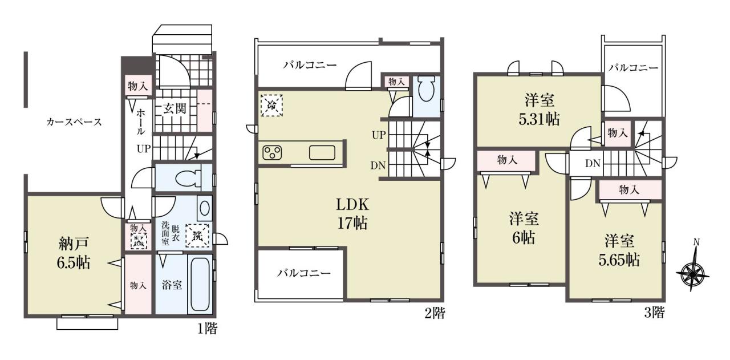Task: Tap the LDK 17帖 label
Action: pos(352,215)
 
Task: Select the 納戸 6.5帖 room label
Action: pos(74,253)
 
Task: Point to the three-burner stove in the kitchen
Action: pos(272,152)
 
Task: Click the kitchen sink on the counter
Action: pos(322,152)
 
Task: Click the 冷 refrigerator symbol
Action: pos(271,105)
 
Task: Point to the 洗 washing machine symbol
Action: pos(197,236)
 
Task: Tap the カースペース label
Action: pos(74,122)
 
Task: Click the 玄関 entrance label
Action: pos(175,108)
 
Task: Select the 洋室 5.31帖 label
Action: pos(540,110)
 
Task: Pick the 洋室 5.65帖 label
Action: pos(619,250)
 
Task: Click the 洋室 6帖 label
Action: pos(524,228)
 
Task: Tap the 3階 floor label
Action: pos(654,313)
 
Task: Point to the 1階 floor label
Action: pos(207,329)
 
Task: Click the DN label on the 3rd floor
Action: pos(593,163)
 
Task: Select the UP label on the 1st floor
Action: pos(144,149)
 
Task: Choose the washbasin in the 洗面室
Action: pos(205,208)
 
